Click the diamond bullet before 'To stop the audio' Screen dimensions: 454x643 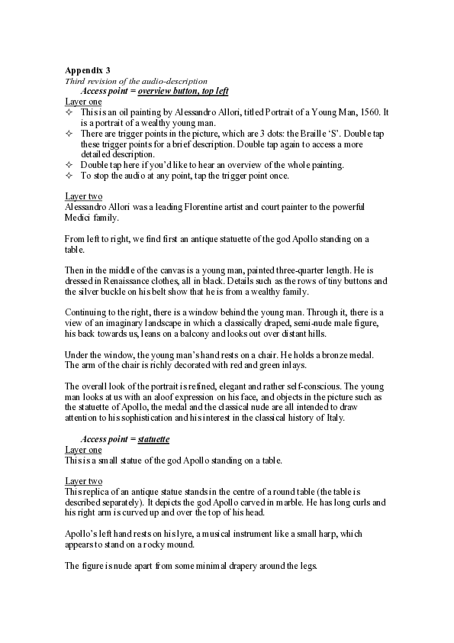[69, 176]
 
